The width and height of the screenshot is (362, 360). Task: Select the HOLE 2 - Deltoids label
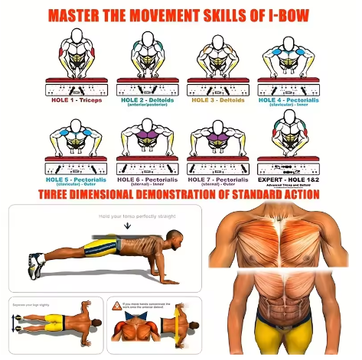pyautogui.click(x=145, y=99)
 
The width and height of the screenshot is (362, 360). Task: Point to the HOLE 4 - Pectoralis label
pyautogui.click(x=290, y=99)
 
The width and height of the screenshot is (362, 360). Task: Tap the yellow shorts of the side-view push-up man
pyautogui.click(x=99, y=246)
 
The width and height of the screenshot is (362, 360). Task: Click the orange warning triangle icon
pyautogui.click(x=116, y=305)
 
